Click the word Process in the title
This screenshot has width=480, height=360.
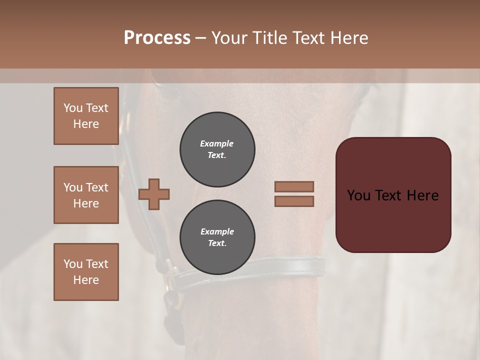[x=157, y=37]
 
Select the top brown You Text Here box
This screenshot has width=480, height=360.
[x=86, y=116]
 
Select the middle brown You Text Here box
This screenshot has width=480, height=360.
[x=86, y=195]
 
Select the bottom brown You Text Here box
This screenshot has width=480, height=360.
[x=86, y=271]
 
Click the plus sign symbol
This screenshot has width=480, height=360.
[x=154, y=194]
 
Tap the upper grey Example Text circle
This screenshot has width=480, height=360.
[x=217, y=149]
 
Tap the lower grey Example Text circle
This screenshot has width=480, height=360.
[x=217, y=237]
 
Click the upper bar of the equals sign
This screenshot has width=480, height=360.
[x=294, y=186]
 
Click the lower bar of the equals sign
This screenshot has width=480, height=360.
[x=294, y=201]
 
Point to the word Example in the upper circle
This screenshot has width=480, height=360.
[x=217, y=143]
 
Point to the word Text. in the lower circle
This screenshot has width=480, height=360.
[x=217, y=243]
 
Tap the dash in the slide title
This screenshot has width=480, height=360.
[x=200, y=38]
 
